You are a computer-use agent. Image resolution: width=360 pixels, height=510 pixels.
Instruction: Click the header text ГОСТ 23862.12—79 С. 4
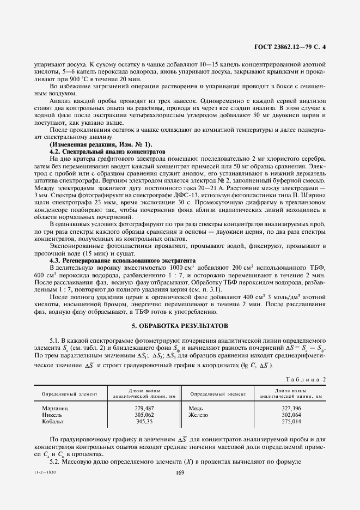click(x=293, y=47)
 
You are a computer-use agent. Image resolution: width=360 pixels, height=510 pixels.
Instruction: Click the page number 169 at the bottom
click(x=180, y=472)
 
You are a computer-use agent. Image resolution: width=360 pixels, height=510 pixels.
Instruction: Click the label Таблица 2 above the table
click(x=306, y=380)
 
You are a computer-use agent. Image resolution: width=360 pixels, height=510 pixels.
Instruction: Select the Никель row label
click(x=53, y=415)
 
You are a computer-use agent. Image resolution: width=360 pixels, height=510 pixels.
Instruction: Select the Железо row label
click(x=199, y=415)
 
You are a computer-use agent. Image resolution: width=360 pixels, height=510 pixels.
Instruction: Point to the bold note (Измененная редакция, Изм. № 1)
click(x=101, y=144)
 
